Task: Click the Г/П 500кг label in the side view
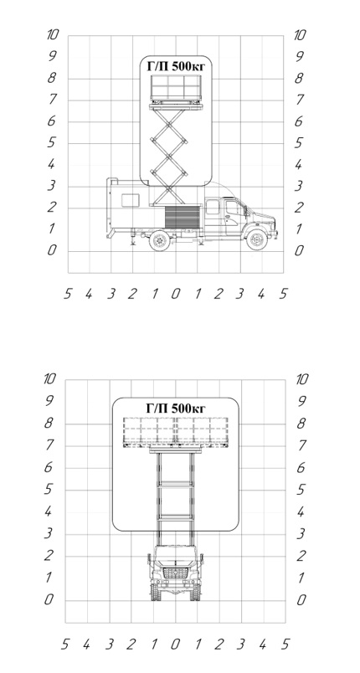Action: click(x=177, y=66)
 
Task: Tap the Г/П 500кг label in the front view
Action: click(x=176, y=408)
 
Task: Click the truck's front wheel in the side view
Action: click(x=256, y=239)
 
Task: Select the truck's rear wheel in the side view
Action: click(x=159, y=240)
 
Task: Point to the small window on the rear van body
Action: click(x=130, y=200)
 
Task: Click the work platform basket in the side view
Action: click(x=176, y=90)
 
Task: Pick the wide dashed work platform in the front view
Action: click(x=176, y=432)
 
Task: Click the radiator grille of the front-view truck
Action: click(x=176, y=573)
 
